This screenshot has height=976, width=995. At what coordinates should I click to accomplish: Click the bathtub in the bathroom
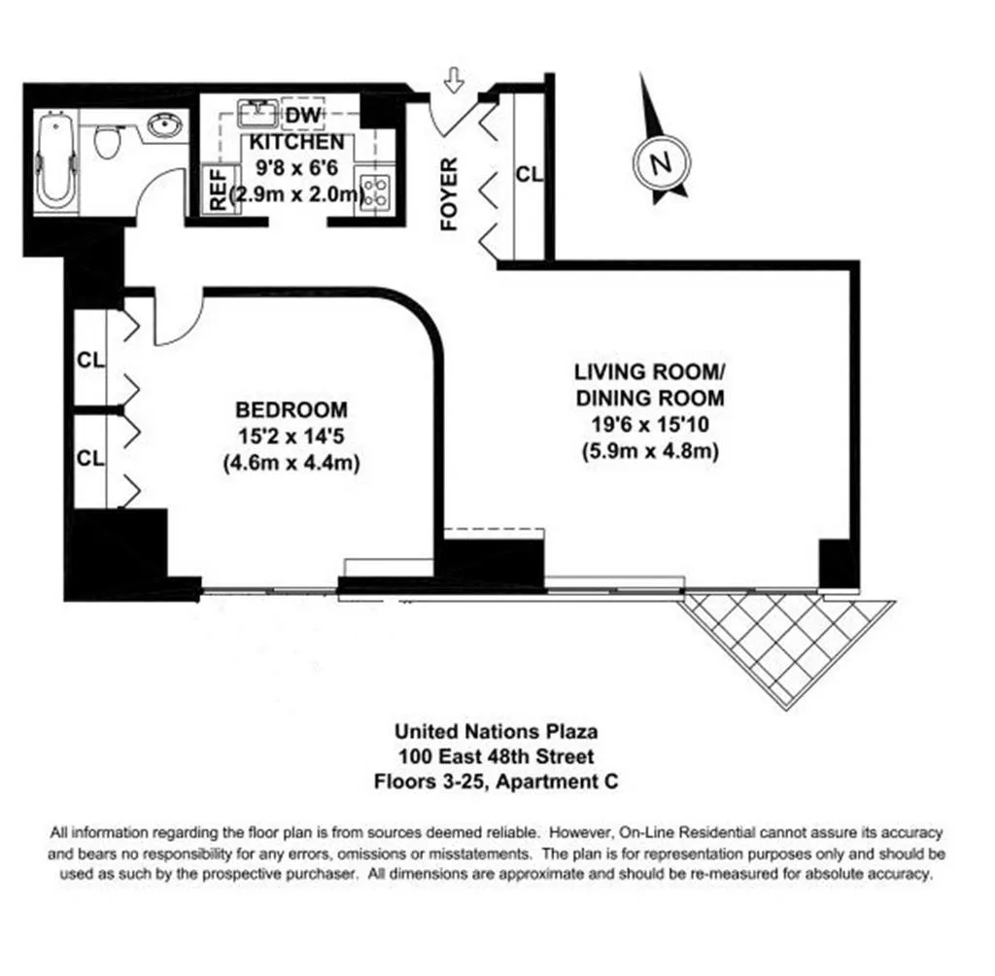[x=54, y=161]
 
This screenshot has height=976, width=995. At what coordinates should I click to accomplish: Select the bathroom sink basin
[x=166, y=125]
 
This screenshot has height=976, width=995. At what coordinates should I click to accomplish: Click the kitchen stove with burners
[x=374, y=190]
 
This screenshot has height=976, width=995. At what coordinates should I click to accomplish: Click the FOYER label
[x=449, y=194]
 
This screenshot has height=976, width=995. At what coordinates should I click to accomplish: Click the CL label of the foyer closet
[x=529, y=175]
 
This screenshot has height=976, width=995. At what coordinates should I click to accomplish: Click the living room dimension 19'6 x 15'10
[x=649, y=424]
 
